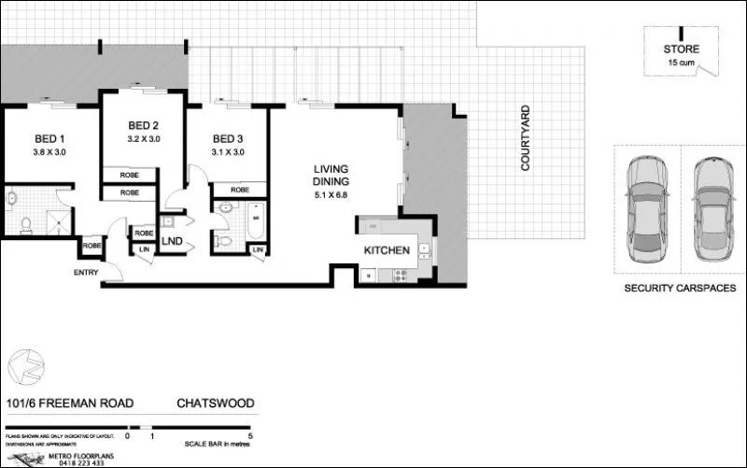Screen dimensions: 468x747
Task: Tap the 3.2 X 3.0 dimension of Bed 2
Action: (143, 138)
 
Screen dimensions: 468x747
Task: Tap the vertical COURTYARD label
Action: (525, 137)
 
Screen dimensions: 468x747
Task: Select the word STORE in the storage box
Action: (681, 49)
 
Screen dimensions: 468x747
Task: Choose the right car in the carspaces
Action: (714, 208)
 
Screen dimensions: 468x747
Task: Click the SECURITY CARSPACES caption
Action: (679, 290)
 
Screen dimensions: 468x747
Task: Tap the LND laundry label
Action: (172, 241)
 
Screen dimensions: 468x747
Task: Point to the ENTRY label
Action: (86, 272)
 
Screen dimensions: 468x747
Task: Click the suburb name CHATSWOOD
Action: (216, 404)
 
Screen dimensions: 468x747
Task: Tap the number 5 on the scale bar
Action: (251, 435)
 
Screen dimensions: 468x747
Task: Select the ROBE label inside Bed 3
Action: (239, 190)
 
